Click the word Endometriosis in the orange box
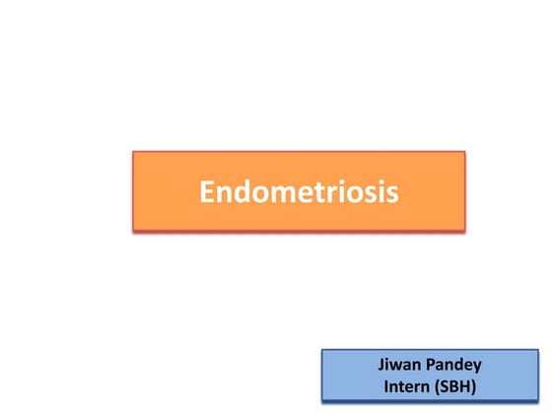pos(299,191)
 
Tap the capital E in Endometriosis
pos(207,191)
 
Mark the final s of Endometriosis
pos(392,194)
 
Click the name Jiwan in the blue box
pos(401,363)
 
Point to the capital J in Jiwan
pos(382,363)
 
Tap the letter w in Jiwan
pos(397,365)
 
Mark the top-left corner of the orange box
pos(133,152)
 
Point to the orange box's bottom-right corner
pos(464,230)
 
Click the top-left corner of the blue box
pos(322,348)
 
